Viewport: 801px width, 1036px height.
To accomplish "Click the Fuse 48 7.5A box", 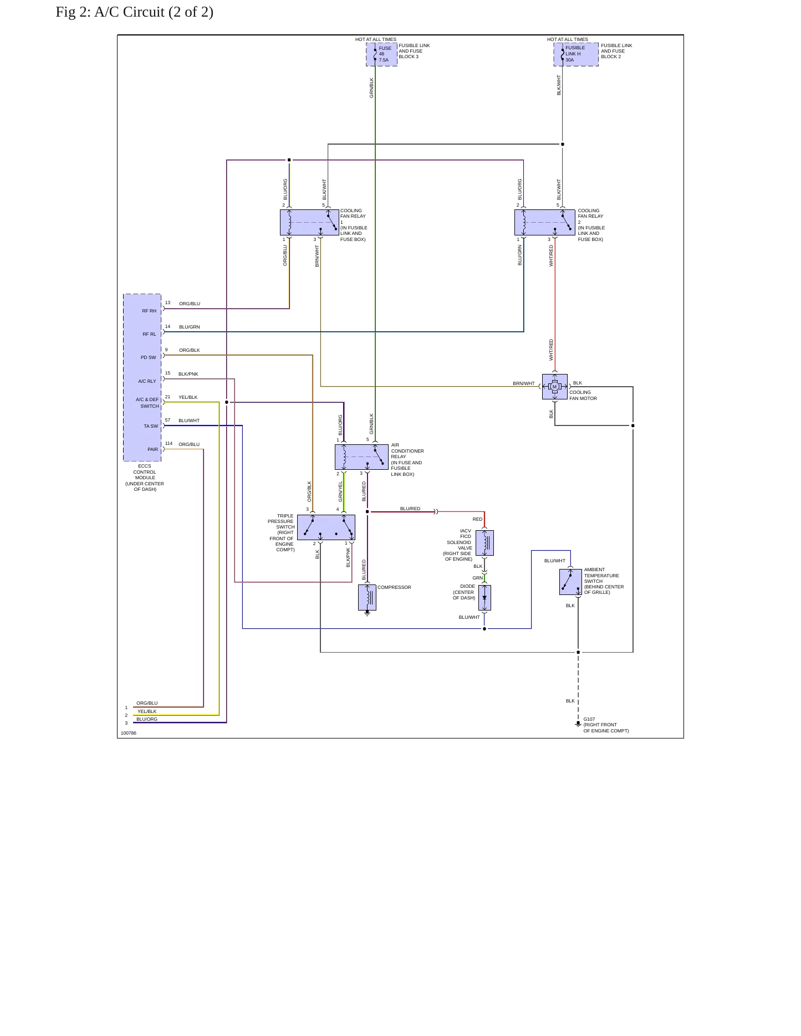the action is click(381, 54).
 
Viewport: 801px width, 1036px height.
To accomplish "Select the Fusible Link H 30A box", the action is click(576, 54).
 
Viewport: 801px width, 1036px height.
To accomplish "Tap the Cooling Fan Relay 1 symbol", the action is click(309, 222).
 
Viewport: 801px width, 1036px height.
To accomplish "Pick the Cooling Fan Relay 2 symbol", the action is click(545, 222).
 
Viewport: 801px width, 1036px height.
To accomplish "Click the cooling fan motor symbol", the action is click(555, 387).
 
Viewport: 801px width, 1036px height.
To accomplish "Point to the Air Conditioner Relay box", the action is click(361, 457).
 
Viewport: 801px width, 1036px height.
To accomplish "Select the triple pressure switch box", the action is click(326, 527).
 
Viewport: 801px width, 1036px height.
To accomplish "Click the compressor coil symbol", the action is click(367, 598).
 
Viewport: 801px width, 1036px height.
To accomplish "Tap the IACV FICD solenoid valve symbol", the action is click(484, 543).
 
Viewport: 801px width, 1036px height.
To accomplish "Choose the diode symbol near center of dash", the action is click(484, 598).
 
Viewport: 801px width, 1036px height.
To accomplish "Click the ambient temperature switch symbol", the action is click(570, 582).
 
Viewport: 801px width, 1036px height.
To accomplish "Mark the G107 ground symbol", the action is click(578, 723).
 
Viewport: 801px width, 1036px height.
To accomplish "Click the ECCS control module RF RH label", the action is click(149, 311).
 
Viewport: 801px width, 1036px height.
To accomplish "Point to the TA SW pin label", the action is click(151, 426).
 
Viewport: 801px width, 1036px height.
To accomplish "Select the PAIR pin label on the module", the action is click(152, 449).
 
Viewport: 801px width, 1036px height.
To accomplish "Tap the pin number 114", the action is click(169, 443).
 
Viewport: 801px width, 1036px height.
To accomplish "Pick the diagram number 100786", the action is click(129, 733).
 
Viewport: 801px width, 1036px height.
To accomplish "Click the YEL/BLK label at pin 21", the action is click(188, 397).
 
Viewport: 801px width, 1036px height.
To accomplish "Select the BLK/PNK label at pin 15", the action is click(188, 374).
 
